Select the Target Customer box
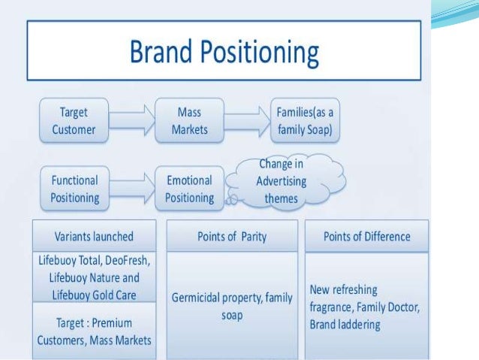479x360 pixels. [74, 120]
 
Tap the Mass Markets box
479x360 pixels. [189, 120]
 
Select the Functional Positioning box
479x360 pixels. [74, 189]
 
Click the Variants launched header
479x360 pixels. [94, 236]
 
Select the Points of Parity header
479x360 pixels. [231, 237]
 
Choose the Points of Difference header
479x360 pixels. [366, 237]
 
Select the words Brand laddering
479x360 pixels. [345, 325]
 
